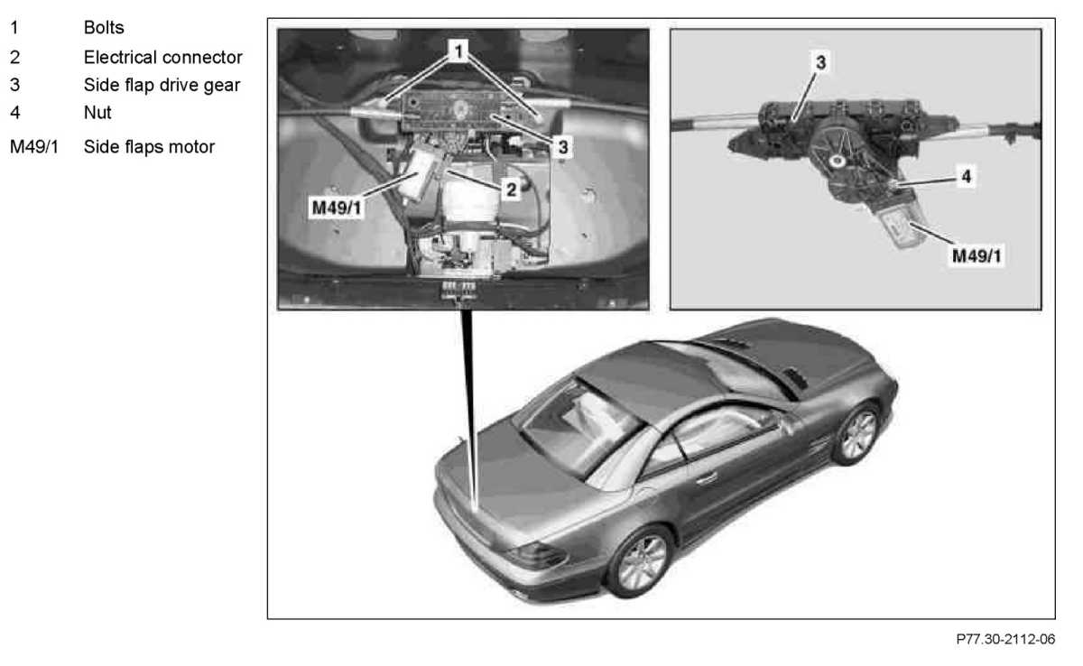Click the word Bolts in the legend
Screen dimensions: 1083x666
tap(104, 28)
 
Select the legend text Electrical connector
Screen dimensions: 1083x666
tap(163, 57)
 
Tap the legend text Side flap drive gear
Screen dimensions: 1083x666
tap(162, 85)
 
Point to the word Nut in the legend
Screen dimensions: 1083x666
tap(97, 113)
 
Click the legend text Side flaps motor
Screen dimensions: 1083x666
tap(149, 147)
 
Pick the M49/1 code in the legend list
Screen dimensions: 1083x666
tap(34, 147)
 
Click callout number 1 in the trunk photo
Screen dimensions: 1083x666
tap(458, 51)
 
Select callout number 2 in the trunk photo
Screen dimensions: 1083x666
tap(511, 190)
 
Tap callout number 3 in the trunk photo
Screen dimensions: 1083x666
tap(563, 147)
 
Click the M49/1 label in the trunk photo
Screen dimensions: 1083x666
tap(337, 208)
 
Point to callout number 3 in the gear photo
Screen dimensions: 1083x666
tap(820, 62)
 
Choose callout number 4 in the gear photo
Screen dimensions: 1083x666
tap(966, 176)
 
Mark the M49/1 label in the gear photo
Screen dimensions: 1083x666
tap(977, 255)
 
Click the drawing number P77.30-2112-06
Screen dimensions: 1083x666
tap(1005, 639)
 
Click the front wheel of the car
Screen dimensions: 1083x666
tap(856, 433)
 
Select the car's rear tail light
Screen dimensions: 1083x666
tap(536, 555)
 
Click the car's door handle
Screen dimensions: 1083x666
tap(707, 478)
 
